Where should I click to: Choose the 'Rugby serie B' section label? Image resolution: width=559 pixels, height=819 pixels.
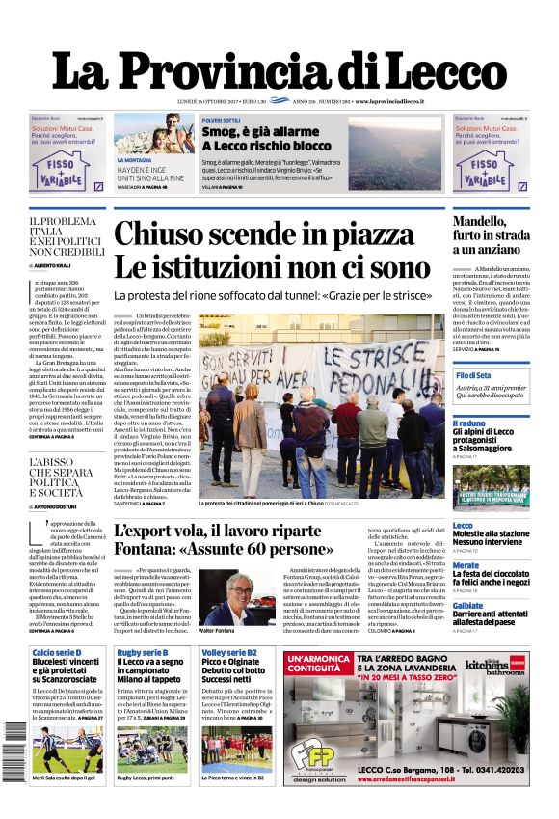(x=143, y=653)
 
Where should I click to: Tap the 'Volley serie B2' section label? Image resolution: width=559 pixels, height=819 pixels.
(x=229, y=653)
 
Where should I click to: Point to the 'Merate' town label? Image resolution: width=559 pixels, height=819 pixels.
(x=466, y=565)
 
